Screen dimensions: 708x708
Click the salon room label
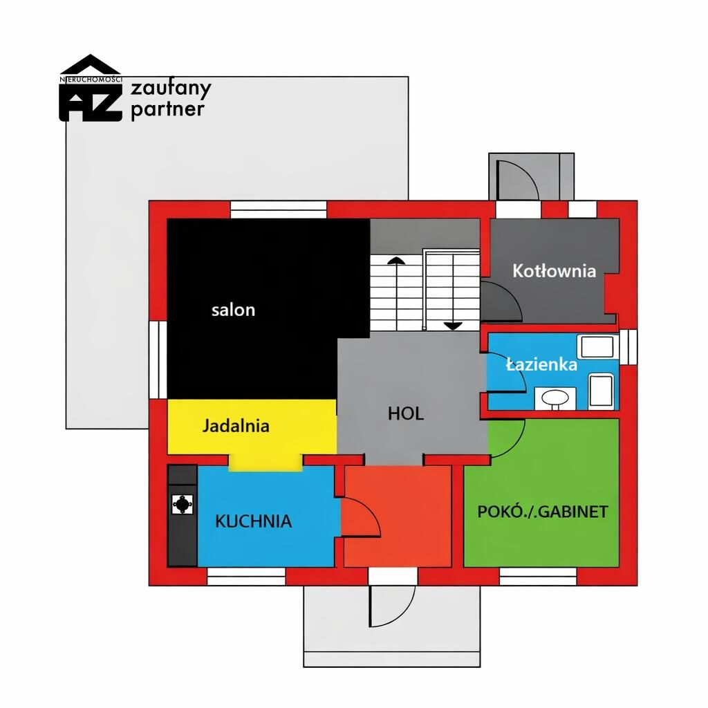(234, 310)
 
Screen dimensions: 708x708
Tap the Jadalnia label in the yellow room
(236, 426)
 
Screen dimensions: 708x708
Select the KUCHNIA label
(253, 521)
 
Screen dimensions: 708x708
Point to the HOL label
(406, 413)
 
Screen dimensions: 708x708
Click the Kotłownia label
(554, 271)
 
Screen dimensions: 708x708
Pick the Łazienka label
(541, 364)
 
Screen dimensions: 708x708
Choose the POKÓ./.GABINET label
(543, 512)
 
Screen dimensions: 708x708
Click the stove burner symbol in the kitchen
(183, 504)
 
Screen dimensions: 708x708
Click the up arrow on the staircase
(396, 260)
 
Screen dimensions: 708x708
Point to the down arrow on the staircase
(452, 326)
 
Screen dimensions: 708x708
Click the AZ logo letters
(91, 102)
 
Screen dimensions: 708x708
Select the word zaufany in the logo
(171, 89)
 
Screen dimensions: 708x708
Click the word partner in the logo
(167, 110)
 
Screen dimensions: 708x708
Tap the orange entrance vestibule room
(398, 516)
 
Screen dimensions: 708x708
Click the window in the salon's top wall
(279, 210)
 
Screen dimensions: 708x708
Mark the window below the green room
(538, 577)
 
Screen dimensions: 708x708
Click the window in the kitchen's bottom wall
(246, 577)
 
